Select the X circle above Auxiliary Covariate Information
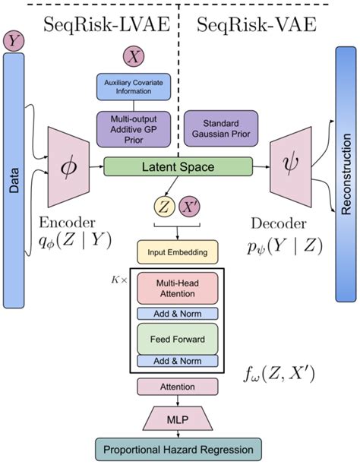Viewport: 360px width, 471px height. point(134,58)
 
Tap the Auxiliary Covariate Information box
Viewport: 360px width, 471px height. point(134,87)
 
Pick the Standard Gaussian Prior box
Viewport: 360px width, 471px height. point(221,127)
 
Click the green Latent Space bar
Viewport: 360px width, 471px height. point(178,166)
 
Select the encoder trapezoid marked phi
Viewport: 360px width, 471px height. point(70,166)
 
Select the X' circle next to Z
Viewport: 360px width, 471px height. point(190,207)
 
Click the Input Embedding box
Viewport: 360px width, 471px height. point(178,251)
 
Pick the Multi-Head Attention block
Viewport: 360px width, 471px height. point(178,288)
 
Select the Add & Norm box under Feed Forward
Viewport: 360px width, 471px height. point(178,361)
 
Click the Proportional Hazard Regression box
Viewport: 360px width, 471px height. point(178,450)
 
